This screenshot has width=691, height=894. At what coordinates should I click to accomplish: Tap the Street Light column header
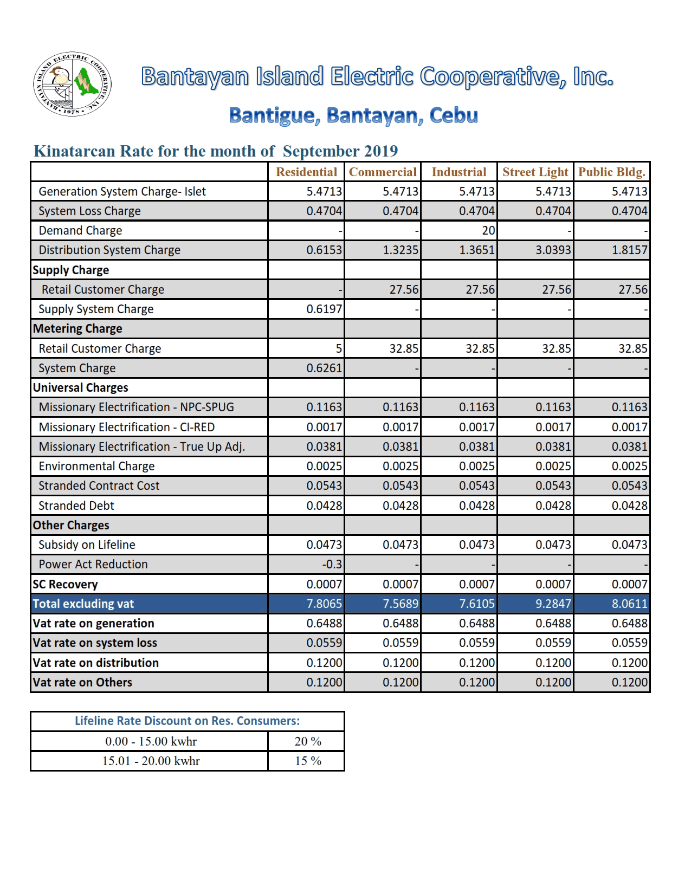(535, 172)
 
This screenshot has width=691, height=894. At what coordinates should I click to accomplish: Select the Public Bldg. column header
(612, 172)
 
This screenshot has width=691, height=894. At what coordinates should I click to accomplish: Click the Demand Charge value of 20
(488, 231)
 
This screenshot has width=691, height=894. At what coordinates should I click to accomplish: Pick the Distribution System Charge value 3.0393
(553, 250)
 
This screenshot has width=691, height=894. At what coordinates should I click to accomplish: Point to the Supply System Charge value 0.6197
(324, 309)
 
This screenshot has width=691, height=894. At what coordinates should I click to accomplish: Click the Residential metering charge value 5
(339, 348)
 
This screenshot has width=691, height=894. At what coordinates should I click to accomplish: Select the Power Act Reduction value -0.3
(332, 565)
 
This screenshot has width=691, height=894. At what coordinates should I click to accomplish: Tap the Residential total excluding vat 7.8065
(324, 604)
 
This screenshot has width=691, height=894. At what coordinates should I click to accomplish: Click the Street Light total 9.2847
(553, 604)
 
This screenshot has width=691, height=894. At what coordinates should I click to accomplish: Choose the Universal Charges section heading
(81, 388)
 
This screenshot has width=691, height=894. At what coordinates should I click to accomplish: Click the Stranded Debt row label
(76, 506)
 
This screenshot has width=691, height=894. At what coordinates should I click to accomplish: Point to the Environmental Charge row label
(96, 467)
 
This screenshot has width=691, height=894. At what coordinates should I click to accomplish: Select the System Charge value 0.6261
(324, 368)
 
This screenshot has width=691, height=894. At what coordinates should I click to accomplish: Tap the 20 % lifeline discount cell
(307, 741)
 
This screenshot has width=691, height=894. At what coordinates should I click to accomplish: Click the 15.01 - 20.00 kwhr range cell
(151, 761)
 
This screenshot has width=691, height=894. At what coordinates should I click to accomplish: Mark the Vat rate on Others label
(82, 683)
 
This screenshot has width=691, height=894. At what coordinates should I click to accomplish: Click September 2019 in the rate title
(340, 151)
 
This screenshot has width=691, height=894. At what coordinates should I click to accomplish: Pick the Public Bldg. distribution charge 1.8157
(629, 250)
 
